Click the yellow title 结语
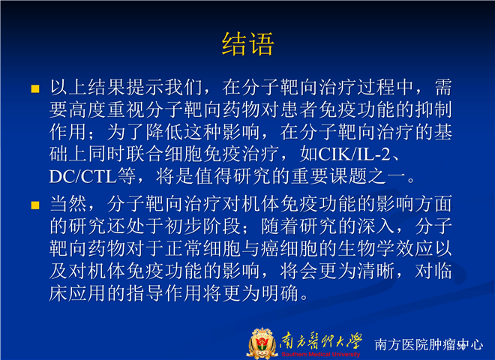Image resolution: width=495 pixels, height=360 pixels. coord(247,44)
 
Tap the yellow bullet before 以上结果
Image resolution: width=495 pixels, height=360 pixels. coord(35,88)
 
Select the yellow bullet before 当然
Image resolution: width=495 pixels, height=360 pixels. coord(35,205)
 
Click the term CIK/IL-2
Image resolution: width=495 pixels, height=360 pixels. coord(355,154)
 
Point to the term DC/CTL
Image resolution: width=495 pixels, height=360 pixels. coord(83,176)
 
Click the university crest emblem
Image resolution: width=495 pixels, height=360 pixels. coord(262,343)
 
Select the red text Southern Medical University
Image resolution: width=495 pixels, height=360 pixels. coord(321,354)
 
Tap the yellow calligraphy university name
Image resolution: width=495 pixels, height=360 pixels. coord(321,341)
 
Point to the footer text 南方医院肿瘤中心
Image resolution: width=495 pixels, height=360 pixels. coord(429,344)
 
